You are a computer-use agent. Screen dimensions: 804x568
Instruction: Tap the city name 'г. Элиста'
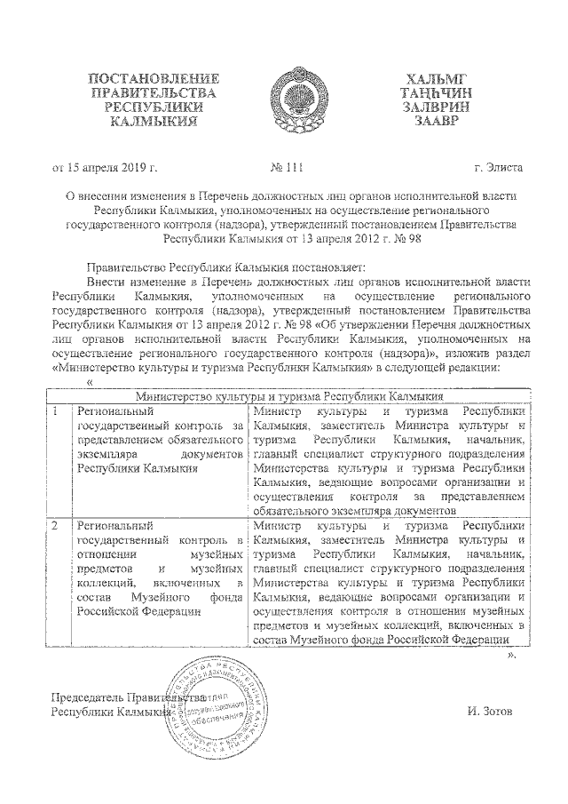point(498,166)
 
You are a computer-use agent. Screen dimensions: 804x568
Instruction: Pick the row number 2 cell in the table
point(55,528)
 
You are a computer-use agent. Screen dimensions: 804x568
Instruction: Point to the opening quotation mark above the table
point(89,383)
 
